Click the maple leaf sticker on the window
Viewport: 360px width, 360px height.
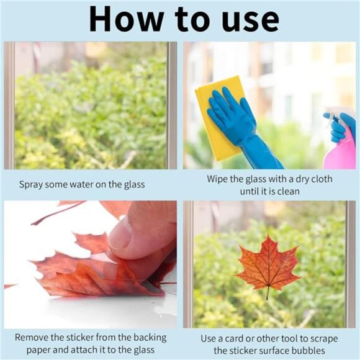click(268, 264)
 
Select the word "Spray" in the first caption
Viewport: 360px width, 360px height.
click(32, 184)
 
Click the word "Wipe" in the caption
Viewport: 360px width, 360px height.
click(219, 179)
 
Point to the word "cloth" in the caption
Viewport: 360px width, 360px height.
click(320, 179)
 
